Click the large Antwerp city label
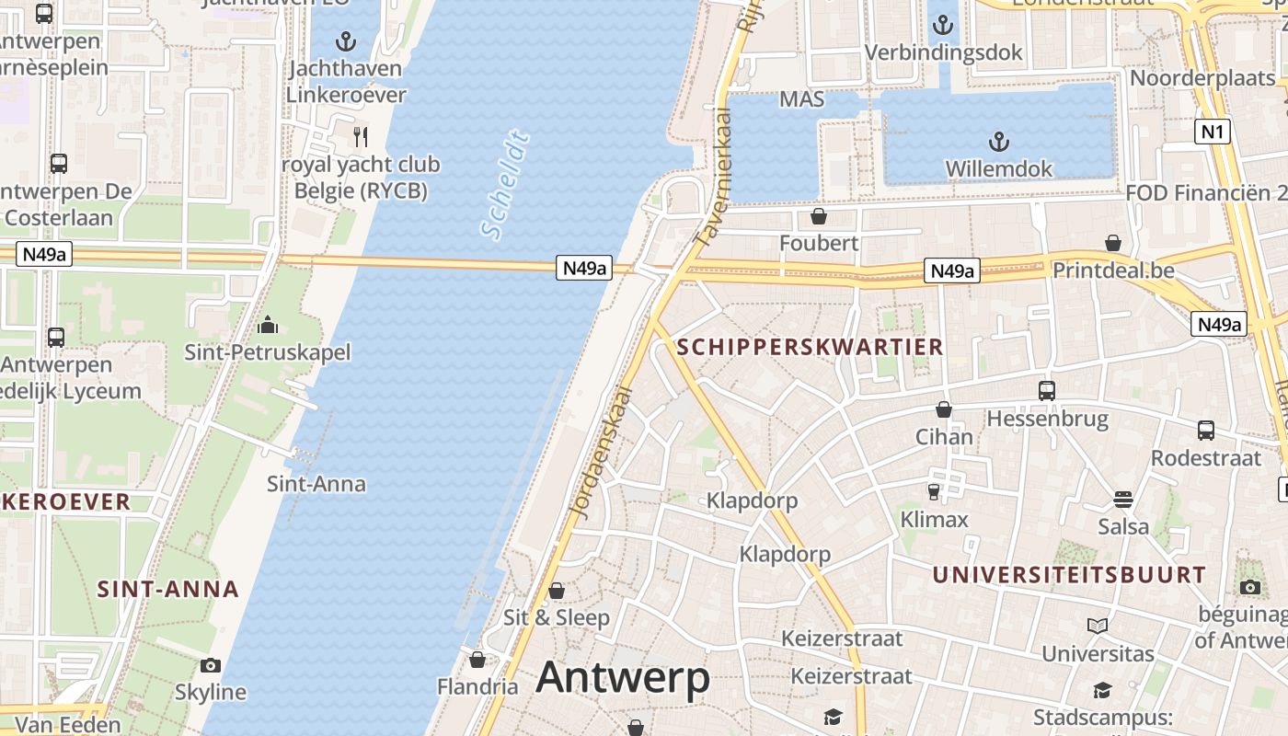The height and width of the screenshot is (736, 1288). (623, 678)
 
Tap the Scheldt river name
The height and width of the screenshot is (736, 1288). (507, 186)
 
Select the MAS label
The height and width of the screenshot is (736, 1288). (801, 98)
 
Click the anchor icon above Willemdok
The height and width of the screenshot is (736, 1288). (998, 142)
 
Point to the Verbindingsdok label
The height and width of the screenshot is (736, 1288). (943, 52)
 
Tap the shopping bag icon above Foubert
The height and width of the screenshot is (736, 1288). (818, 216)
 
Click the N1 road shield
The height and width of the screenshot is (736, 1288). (1213, 132)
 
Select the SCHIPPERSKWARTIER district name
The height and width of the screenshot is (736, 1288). (810, 347)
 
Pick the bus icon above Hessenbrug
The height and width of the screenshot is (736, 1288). (1047, 391)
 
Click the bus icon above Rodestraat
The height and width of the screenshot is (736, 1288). (1205, 430)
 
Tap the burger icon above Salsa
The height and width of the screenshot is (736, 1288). (1122, 500)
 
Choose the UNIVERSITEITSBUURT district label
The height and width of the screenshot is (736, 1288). (1068, 575)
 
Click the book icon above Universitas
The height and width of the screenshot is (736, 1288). (1097, 627)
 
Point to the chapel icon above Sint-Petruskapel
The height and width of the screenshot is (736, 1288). (268, 325)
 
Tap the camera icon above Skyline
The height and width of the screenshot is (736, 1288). (211, 665)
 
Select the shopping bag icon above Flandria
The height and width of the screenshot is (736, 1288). (477, 660)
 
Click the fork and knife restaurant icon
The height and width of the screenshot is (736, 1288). (361, 137)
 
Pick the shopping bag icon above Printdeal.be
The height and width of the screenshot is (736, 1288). (1113, 244)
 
